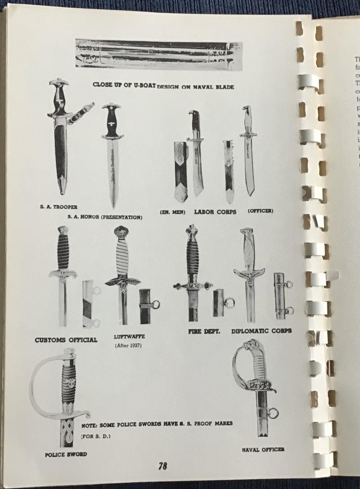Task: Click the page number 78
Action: tap(162, 467)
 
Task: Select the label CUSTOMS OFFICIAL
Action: tap(66, 340)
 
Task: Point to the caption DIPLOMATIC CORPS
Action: tap(261, 331)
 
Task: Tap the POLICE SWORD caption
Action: tap(66, 454)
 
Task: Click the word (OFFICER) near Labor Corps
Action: tap(260, 211)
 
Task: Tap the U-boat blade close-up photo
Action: tap(158, 55)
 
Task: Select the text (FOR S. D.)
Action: tap(95, 436)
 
